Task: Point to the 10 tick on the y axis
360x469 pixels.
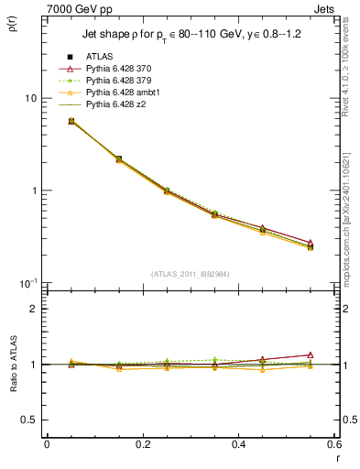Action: coord(29,98)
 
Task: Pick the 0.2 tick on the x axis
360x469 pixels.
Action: coord(142,444)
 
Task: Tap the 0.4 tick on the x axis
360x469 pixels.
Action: coord(238,444)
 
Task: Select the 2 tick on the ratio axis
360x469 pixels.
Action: coord(32,309)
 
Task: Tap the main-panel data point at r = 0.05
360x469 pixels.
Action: coord(71,121)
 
